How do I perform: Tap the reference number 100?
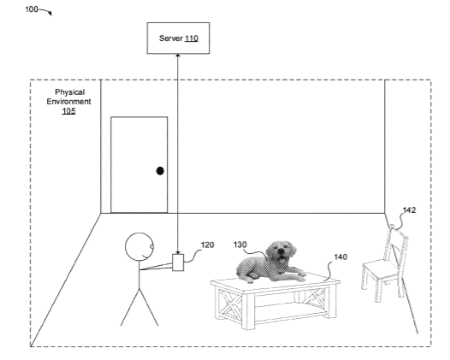pos(32,9)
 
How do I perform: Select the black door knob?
pos(160,171)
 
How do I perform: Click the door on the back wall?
pos(139,165)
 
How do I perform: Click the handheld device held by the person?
pos(178,263)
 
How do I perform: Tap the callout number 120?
pos(207,245)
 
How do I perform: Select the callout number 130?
pos(240,245)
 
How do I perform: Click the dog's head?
pos(281,251)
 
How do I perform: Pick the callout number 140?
pos(340,257)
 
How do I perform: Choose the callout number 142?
pos(409,210)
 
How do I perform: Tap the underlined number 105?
pos(68,110)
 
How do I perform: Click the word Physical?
pos(70,92)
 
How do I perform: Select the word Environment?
pos(69,101)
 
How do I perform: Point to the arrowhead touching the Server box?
pos(178,56)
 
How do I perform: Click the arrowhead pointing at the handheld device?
pos(178,252)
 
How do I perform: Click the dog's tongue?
pos(282,260)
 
